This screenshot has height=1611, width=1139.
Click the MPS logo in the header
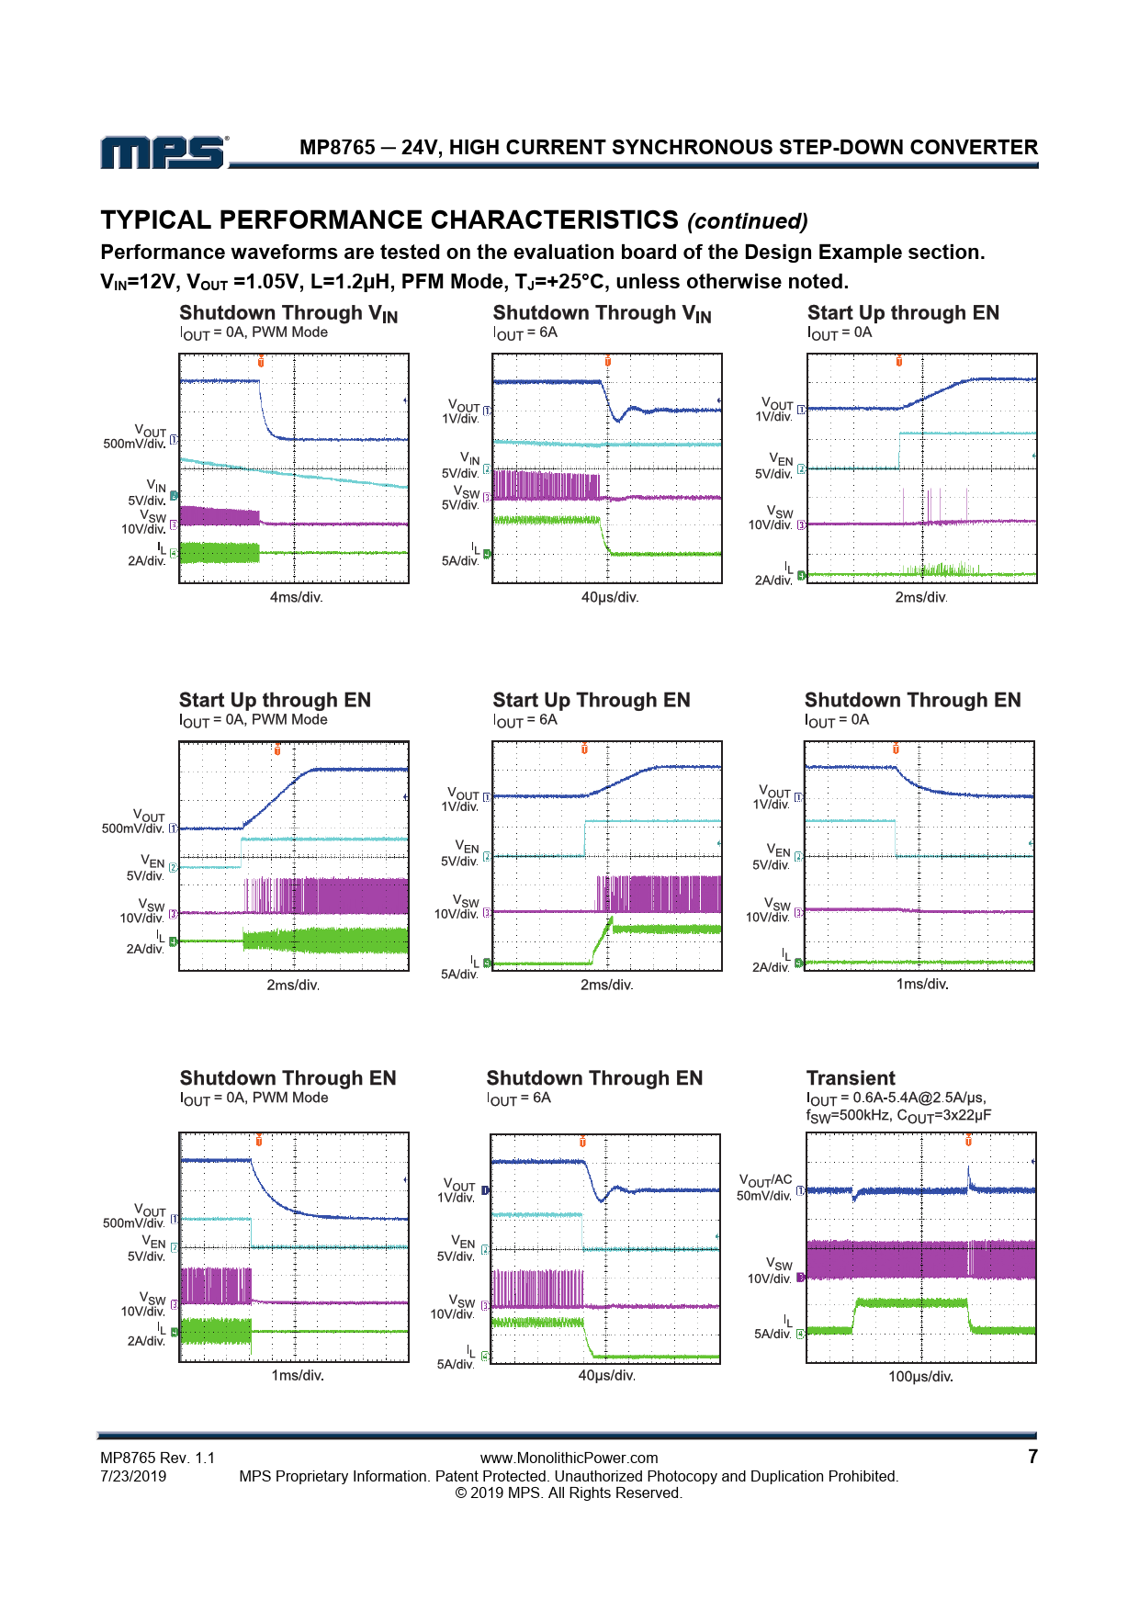pos(164,152)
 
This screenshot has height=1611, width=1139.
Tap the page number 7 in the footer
pos(1032,1457)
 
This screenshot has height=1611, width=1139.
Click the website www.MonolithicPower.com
pos(569,1458)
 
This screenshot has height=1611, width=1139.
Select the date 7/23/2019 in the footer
pos(133,1476)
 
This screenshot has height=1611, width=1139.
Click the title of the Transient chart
pos(851,1078)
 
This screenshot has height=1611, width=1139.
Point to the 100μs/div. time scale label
pos(920,1377)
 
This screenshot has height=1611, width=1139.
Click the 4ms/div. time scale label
pos(296,597)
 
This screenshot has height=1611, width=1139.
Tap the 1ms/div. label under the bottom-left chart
pos(297,1375)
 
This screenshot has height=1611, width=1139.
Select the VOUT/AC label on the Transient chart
pos(765,1179)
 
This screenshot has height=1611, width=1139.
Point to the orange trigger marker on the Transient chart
pos(968,1140)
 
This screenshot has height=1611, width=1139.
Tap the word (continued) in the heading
pos(748,221)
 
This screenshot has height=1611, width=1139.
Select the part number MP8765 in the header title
pos(337,147)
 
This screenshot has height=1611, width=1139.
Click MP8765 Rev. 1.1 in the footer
pos(157,1458)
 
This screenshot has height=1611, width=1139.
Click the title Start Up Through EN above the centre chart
pos(591,700)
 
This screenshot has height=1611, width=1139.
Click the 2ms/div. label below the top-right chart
pos(920,597)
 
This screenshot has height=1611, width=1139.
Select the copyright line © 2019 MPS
pos(569,1493)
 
